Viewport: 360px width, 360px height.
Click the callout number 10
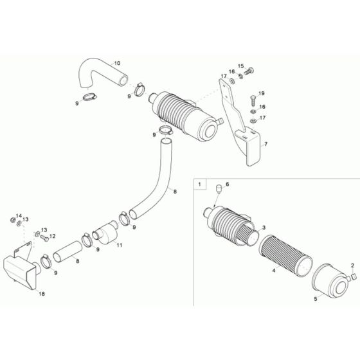[x=117, y=63]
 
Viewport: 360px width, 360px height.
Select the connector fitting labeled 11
[x=105, y=232]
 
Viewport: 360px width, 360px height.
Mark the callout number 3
[x=264, y=227]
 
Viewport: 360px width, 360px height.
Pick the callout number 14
[x=18, y=215]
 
